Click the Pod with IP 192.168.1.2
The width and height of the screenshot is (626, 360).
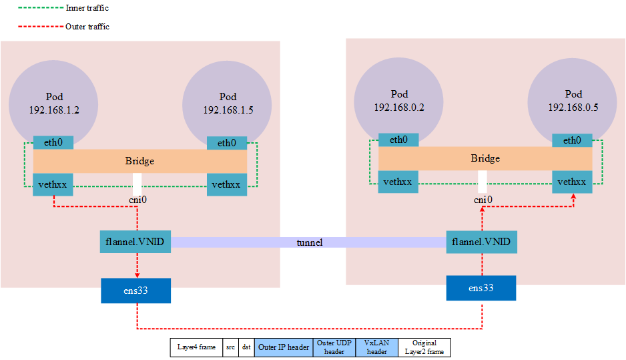coord(53,104)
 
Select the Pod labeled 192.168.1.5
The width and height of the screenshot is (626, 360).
coord(227,104)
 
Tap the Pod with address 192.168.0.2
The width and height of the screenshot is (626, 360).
coord(399,100)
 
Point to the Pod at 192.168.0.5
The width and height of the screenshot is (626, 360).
coord(573,100)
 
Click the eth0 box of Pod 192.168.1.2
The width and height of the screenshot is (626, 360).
coord(53,143)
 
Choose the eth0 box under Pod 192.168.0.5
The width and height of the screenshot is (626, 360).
coord(572,140)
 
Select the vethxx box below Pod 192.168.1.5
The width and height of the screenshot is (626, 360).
coord(227,184)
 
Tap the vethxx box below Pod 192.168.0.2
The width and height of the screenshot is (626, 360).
coord(398,182)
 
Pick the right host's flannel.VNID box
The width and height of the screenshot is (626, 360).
coord(482,241)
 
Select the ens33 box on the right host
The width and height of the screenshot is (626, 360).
coord(481,288)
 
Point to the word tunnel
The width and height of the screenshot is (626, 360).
coord(310,242)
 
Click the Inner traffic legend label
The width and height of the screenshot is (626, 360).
coord(87,8)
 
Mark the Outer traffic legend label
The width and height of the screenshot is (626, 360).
coord(87,27)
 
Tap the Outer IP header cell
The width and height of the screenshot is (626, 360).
coord(284,347)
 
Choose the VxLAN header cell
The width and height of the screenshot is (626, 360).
coord(376,347)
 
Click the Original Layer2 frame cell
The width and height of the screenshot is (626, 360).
coord(424,347)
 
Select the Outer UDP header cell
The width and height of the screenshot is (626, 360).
coord(334,347)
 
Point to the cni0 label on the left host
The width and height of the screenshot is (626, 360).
coord(137,200)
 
